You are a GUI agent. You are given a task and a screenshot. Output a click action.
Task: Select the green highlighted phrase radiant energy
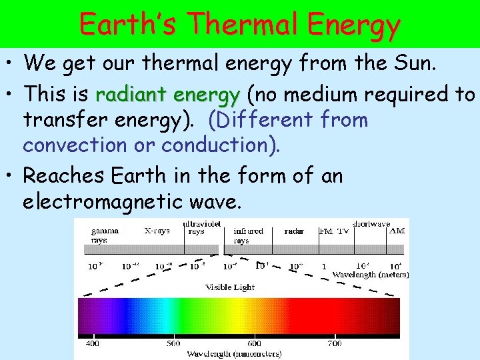click(168, 95)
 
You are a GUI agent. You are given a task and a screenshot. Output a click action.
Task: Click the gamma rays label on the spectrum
click(105, 235)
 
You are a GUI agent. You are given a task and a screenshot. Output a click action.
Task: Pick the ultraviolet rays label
click(203, 228)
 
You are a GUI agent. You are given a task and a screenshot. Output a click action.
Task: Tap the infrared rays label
click(248, 235)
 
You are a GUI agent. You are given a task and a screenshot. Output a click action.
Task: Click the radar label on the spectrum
click(294, 231)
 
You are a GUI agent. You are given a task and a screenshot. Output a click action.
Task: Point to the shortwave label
click(371, 224)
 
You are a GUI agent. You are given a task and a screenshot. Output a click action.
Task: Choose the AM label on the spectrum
click(396, 231)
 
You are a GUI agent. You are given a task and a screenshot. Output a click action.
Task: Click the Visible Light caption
click(229, 287)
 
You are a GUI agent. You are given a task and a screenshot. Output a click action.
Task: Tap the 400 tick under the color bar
click(92, 343)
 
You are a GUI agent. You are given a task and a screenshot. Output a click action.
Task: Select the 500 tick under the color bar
click(173, 343)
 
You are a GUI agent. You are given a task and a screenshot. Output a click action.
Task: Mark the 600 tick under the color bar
click(254, 343)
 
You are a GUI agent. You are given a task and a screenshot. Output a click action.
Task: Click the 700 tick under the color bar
click(335, 343)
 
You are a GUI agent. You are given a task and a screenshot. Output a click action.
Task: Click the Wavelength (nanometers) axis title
click(234, 353)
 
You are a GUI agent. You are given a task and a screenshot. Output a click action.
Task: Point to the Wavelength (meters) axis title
click(370, 275)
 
